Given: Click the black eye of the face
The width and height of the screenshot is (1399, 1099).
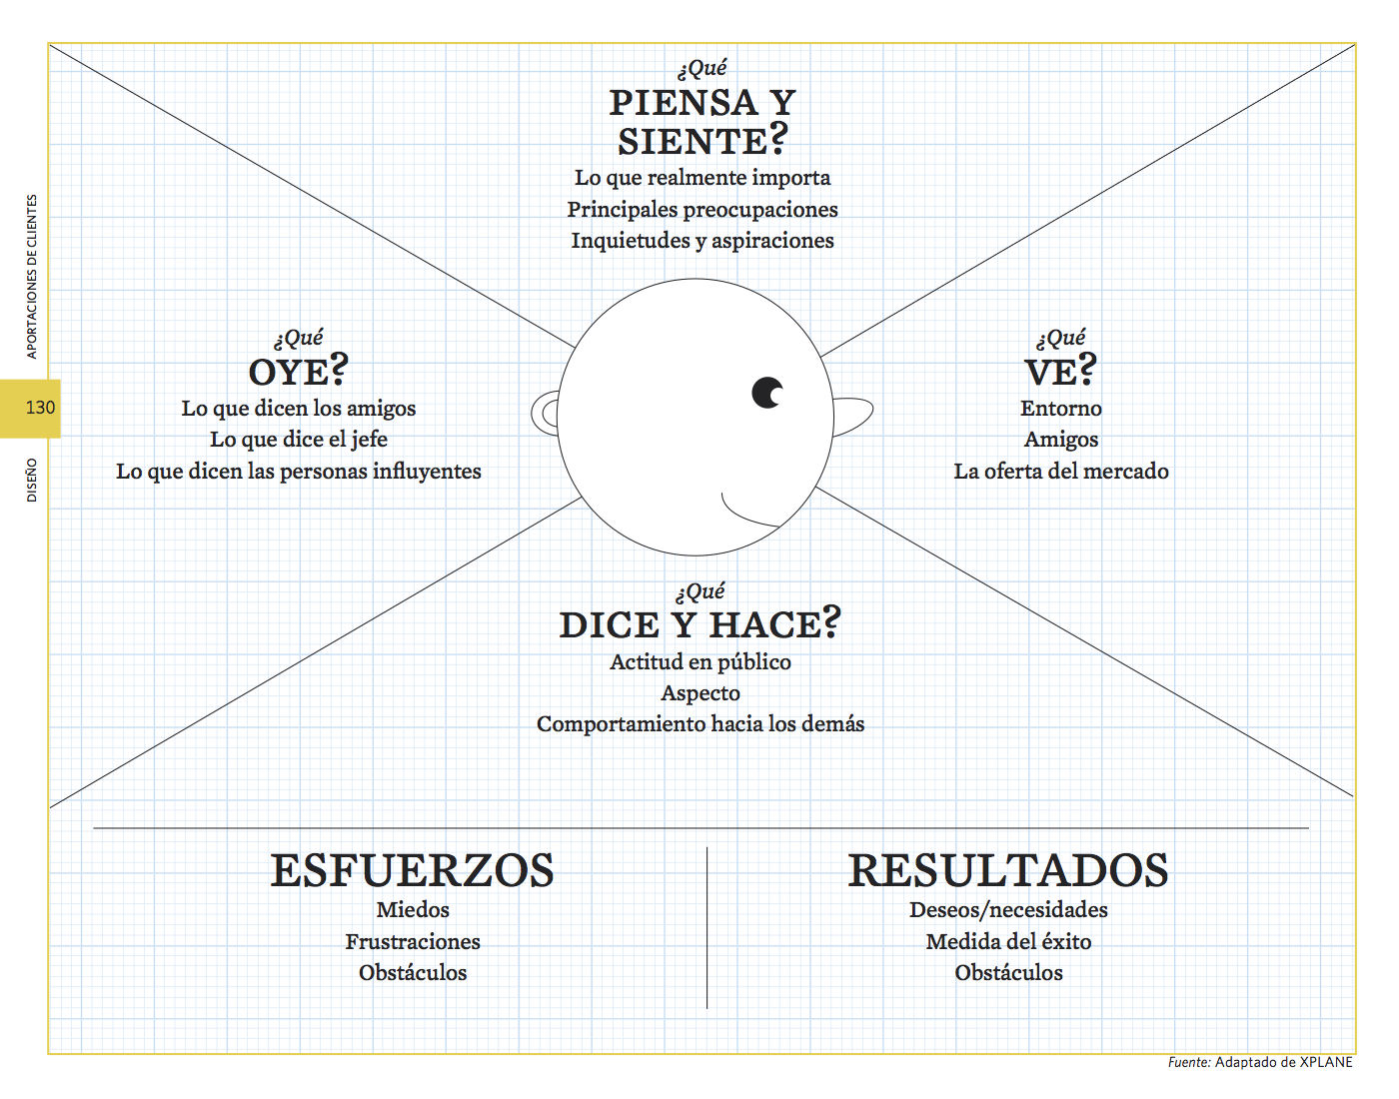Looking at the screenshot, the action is point(766,393).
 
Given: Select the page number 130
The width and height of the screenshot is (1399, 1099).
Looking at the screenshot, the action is point(40,408).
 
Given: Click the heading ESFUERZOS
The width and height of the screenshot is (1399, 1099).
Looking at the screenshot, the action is point(412,870).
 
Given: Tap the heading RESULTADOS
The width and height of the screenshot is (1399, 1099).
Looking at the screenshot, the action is point(1008,870).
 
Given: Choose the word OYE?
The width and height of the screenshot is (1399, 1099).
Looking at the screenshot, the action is point(298,371).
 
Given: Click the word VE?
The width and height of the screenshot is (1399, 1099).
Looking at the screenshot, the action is point(1060,371).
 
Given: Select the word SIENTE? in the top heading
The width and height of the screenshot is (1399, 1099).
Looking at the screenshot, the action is point(702,140).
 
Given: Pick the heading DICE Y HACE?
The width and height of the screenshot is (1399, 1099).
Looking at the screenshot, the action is point(699,623).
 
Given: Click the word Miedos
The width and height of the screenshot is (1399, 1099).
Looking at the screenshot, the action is point(413,909).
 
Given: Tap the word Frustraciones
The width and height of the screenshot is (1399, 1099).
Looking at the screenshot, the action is point(413,941).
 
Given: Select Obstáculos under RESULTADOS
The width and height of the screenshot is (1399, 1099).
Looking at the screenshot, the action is point(1008,972).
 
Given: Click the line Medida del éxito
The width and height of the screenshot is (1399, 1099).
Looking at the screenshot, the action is point(1008,941).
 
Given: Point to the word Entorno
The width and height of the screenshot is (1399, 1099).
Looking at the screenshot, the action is point(1060,408).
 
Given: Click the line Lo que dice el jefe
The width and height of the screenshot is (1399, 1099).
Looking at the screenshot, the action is point(299,440).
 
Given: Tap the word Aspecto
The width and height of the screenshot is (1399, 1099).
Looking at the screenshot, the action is point(700,693).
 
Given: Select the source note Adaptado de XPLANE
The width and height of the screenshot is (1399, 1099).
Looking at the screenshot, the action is point(1283,1062).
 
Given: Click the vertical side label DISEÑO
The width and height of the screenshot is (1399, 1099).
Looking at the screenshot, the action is point(32,480).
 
